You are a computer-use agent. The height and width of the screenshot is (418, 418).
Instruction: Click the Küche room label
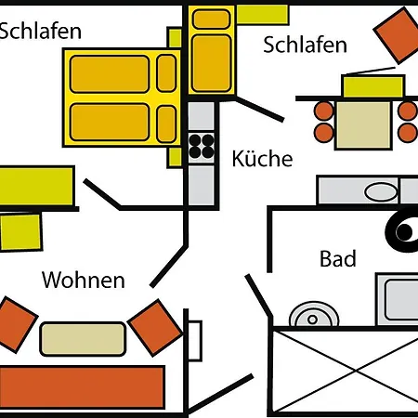tap(262, 159)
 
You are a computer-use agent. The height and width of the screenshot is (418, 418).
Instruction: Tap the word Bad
tap(337, 259)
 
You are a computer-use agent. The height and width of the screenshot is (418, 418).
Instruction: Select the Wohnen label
tap(84, 280)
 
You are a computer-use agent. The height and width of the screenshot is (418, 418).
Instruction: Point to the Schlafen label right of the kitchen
tap(306, 45)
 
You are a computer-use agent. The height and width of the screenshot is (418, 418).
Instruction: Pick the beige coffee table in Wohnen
tap(83, 338)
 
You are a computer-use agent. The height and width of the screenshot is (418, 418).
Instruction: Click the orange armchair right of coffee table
tap(154, 326)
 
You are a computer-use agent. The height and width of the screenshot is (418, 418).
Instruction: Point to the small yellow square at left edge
tap(20, 231)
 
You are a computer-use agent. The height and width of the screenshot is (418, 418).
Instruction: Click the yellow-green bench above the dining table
tap(372, 86)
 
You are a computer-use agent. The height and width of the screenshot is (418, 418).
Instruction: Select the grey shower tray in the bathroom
tap(398, 300)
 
